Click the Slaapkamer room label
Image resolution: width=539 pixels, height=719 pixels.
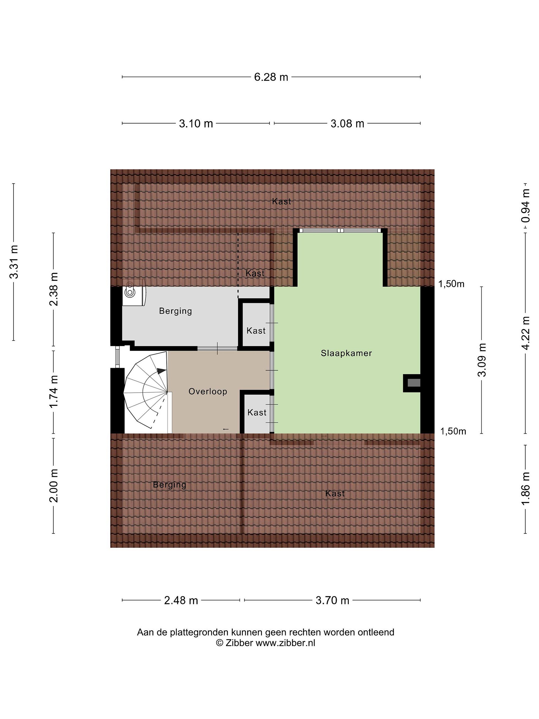pyautogui.click(x=346, y=353)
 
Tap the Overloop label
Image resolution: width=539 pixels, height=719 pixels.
pyautogui.click(x=208, y=391)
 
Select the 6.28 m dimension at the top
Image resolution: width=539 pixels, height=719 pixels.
pyautogui.click(x=271, y=77)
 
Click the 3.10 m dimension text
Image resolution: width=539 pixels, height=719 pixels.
pyautogui.click(x=196, y=124)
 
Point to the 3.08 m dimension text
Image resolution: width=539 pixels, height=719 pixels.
pyautogui.click(x=347, y=124)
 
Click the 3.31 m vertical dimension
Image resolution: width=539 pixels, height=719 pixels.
pyautogui.click(x=14, y=262)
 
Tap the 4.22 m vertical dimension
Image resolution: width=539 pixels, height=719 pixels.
pyautogui.click(x=525, y=333)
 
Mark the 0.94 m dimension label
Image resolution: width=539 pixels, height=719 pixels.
pyautogui.click(x=525, y=206)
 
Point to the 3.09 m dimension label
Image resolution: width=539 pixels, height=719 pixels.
pyautogui.click(x=482, y=360)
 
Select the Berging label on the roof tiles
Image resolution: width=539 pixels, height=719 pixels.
pyautogui.click(x=170, y=485)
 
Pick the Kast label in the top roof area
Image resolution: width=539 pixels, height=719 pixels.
pyautogui.click(x=281, y=201)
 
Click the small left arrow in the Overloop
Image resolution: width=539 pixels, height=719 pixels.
pyautogui.click(x=226, y=429)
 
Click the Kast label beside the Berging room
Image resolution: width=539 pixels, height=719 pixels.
pyautogui.click(x=256, y=331)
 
